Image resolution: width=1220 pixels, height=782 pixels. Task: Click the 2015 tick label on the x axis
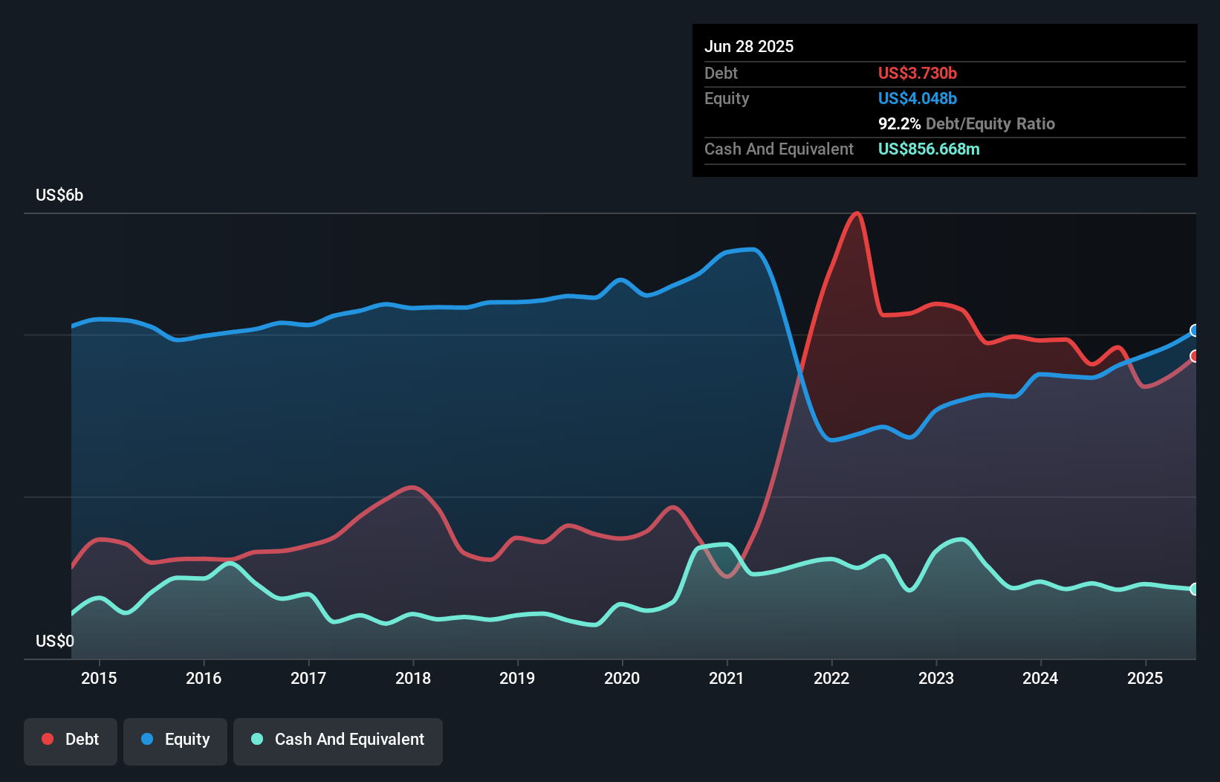click(x=99, y=678)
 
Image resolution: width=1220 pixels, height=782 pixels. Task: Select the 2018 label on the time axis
click(x=413, y=678)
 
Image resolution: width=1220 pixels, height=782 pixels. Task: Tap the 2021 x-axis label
click(x=727, y=678)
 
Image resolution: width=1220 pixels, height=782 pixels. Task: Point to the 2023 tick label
click(x=936, y=678)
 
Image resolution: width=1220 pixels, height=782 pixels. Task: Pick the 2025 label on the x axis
click(x=1145, y=678)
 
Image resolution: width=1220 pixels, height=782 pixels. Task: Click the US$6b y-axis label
click(x=59, y=195)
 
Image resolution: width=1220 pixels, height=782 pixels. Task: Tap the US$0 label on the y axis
click(x=55, y=641)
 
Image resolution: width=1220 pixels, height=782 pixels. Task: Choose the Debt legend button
click(x=71, y=740)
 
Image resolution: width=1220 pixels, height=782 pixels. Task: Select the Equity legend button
click(x=175, y=740)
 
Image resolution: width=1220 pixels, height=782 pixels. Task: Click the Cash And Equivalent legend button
click(x=338, y=740)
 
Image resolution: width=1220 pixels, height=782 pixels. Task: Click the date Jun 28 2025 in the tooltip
click(x=749, y=46)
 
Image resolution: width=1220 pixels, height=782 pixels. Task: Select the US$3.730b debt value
click(x=918, y=73)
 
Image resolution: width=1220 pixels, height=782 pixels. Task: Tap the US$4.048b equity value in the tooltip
click(x=918, y=98)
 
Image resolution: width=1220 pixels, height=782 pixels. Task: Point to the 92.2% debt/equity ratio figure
click(x=900, y=123)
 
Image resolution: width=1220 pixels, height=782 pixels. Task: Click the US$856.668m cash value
click(x=929, y=149)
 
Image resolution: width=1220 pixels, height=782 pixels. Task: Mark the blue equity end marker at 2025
click(x=1195, y=331)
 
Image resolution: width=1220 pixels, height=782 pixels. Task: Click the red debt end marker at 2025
click(x=1195, y=356)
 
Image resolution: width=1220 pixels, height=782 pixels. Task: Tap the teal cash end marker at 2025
click(x=1195, y=589)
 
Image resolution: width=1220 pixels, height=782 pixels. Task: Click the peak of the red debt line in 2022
click(x=857, y=213)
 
